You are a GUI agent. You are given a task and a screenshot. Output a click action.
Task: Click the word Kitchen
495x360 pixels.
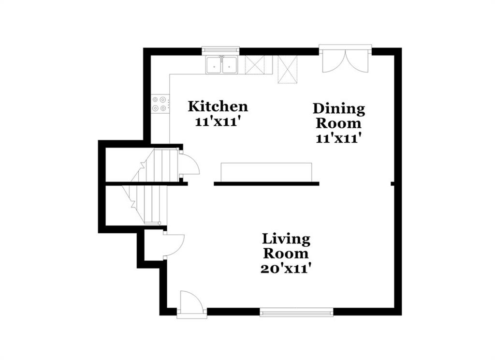click(218, 106)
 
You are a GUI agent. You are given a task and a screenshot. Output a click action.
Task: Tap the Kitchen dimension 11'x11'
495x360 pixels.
click(216, 121)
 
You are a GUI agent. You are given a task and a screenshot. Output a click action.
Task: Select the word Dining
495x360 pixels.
click(339, 109)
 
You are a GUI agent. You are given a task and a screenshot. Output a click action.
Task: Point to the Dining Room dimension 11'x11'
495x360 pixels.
click(338, 138)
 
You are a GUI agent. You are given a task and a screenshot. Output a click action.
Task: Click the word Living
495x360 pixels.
click(286, 240)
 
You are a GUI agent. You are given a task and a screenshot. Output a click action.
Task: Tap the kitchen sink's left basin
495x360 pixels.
click(214, 65)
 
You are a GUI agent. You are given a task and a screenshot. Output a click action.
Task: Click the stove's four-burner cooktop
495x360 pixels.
click(160, 104)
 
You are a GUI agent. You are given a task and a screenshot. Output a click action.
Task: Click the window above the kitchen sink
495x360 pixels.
click(220, 49)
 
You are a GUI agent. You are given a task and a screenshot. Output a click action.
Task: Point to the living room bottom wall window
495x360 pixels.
click(296, 312)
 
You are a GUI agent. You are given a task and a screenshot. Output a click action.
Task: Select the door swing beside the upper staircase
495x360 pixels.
click(189, 164)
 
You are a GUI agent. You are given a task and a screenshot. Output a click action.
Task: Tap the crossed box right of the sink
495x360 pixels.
click(255, 65)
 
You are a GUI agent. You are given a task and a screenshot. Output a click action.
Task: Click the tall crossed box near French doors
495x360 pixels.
click(288, 70)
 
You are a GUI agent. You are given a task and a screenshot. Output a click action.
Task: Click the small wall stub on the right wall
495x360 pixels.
click(393, 184)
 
